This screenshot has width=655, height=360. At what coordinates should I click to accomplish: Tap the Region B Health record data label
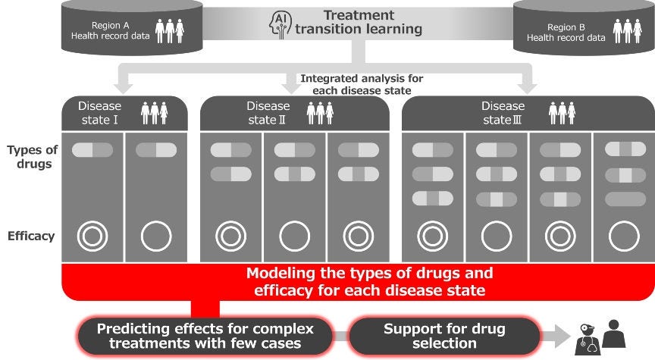562,31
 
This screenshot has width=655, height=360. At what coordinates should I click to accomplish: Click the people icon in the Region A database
170,30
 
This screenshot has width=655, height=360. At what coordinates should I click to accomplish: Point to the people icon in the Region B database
627,31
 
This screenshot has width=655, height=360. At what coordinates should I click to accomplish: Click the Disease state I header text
99,112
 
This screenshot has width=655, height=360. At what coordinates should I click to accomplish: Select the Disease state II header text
268,112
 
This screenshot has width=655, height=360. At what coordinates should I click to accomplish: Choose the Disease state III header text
503,112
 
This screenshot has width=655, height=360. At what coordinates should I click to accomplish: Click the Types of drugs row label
32,157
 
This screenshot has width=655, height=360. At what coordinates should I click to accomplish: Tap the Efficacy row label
32,236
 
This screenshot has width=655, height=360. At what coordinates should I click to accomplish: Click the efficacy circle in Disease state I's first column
92,236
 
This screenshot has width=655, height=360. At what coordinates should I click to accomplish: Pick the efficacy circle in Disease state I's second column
156,236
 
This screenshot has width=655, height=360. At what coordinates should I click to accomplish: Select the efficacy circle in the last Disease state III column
624,236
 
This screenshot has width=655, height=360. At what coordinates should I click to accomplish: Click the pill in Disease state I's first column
92,150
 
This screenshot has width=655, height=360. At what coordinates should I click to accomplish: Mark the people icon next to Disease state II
320,113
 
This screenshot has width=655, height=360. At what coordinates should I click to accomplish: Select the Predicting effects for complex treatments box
205,335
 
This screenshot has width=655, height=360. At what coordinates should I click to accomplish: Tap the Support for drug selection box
443,335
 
